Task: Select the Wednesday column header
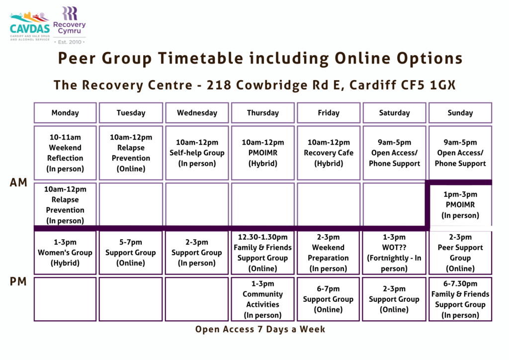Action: pyautogui.click(x=197, y=113)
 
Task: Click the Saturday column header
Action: pyautogui.click(x=394, y=113)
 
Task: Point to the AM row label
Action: pyautogui.click(x=18, y=182)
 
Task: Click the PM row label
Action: pyautogui.click(x=18, y=281)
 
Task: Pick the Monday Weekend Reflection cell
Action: pyautogui.click(x=65, y=153)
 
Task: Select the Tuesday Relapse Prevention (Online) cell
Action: pyautogui.click(x=131, y=153)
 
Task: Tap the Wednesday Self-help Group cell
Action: pyautogui.click(x=197, y=153)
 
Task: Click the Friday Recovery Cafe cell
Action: pyautogui.click(x=329, y=153)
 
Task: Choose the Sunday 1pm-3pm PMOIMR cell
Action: pyautogui.click(x=460, y=205)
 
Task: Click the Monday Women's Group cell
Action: pyautogui.click(x=65, y=253)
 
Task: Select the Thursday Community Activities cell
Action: pyautogui.click(x=262, y=299)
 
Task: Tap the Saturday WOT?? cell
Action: pyautogui.click(x=394, y=253)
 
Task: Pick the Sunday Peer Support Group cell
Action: pyautogui.click(x=460, y=253)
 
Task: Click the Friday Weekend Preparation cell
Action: pyautogui.click(x=328, y=253)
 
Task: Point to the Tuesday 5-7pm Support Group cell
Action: pyautogui.click(x=131, y=253)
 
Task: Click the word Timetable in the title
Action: pyautogui.click(x=201, y=59)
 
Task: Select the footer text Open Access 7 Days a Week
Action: pyautogui.click(x=260, y=329)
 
